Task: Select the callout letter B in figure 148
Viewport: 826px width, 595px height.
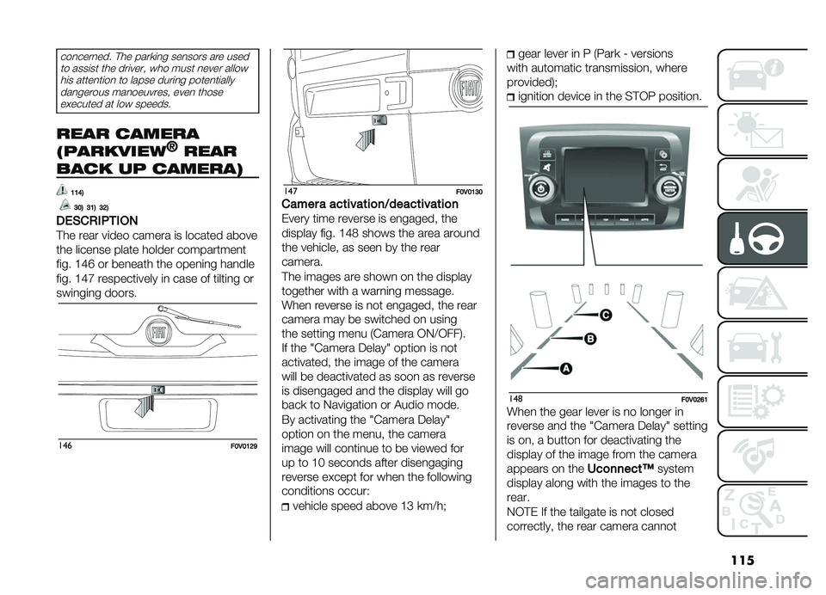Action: pos(590,340)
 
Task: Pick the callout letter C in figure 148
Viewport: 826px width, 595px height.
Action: pos(606,315)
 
